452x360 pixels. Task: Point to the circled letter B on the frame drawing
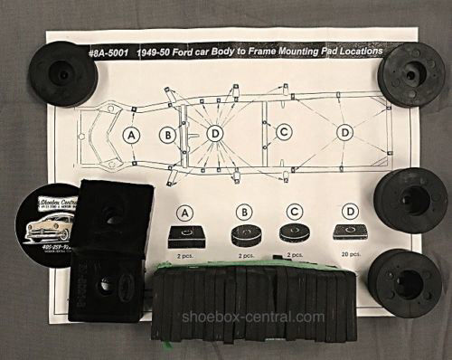pyautogui.click(x=168, y=136)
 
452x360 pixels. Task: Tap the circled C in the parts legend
pyautogui.click(x=294, y=213)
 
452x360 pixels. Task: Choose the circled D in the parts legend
pyautogui.click(x=349, y=213)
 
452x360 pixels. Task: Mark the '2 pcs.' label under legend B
pyautogui.click(x=241, y=257)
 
